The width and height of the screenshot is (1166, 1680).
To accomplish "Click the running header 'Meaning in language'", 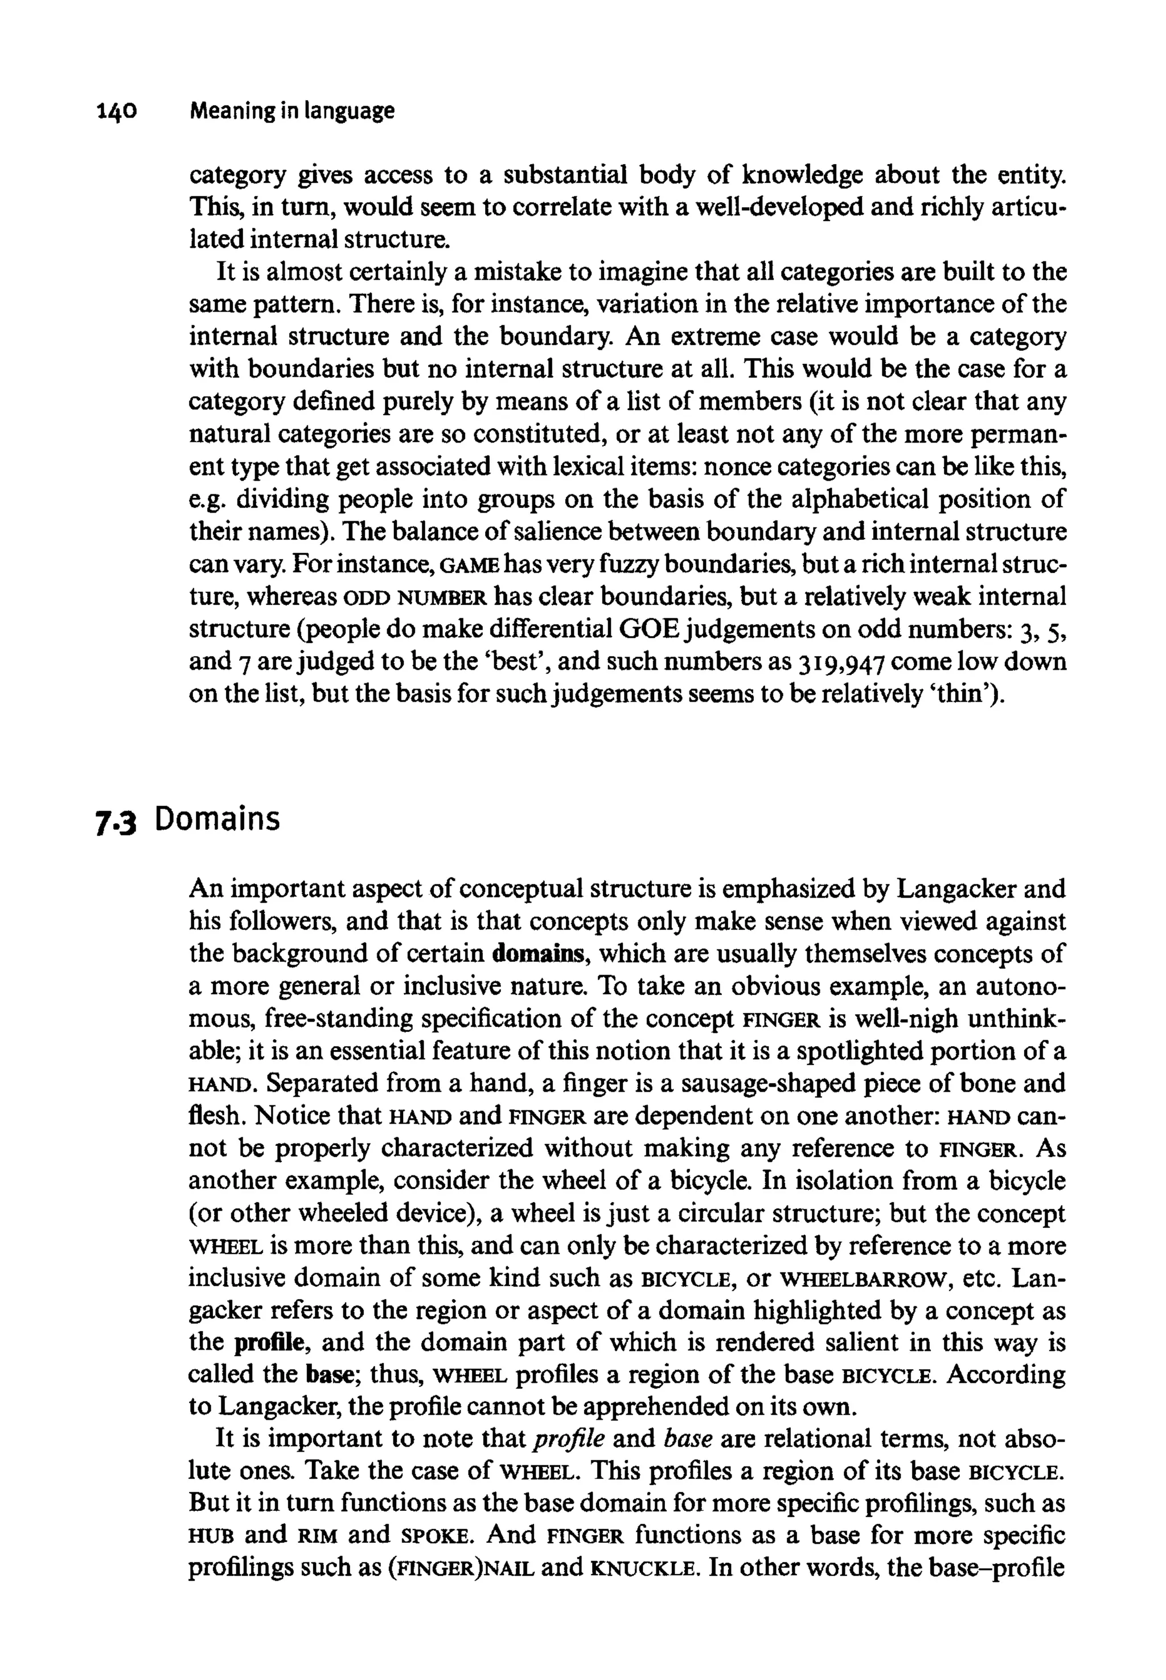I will [x=291, y=112].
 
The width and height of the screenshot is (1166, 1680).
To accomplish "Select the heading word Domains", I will [x=217, y=820].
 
